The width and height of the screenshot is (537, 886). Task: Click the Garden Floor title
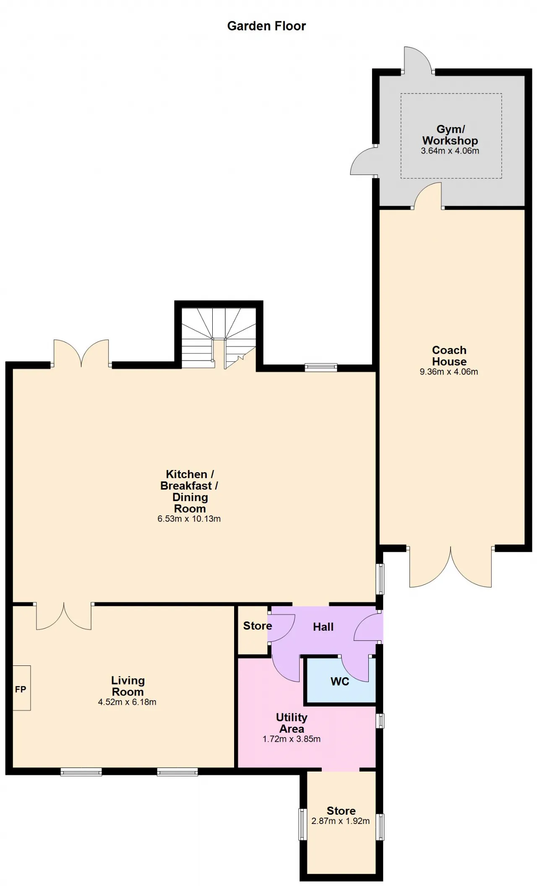(x=266, y=26)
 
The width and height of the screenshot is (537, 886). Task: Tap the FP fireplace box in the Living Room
(x=21, y=689)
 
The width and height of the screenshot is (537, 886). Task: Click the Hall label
(x=323, y=627)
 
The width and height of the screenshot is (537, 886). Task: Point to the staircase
(x=219, y=338)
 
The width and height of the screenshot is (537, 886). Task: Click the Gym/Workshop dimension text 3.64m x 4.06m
(x=450, y=151)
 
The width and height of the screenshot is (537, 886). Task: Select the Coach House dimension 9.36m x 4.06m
(x=449, y=372)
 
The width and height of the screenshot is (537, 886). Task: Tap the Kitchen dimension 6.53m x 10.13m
(x=189, y=519)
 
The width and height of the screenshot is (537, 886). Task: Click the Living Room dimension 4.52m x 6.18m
(x=127, y=702)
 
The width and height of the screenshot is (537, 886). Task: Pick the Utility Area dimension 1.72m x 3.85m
(x=292, y=739)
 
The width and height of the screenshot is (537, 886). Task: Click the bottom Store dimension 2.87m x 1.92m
(x=341, y=821)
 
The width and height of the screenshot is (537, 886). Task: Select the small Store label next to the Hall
(x=258, y=626)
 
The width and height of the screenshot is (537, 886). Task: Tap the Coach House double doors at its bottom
(x=451, y=566)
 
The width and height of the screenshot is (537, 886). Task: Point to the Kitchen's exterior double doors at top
(x=81, y=353)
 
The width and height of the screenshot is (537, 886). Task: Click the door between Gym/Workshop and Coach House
(x=428, y=196)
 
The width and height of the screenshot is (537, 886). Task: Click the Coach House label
(x=449, y=356)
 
